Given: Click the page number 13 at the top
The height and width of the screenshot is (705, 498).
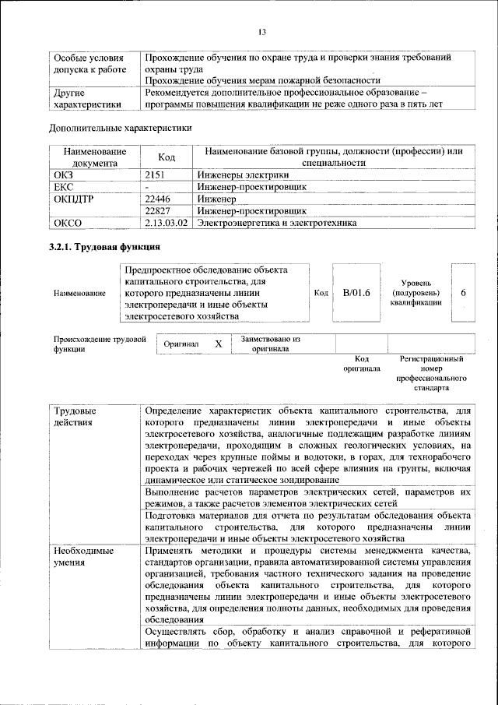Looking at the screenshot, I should click(262, 32).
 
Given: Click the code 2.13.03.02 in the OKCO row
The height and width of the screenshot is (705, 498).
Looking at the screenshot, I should click(167, 223).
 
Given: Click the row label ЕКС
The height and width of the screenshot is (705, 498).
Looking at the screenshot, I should click(62, 187).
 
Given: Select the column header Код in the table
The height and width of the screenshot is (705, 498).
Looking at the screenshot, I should click(167, 157).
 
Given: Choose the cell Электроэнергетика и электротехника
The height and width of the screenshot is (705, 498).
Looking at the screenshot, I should click(276, 223).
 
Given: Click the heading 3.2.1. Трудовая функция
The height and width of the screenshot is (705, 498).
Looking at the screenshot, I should click(104, 248).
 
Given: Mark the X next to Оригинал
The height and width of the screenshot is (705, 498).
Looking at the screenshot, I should click(219, 344).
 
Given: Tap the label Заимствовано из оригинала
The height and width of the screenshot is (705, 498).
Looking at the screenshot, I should click(270, 344).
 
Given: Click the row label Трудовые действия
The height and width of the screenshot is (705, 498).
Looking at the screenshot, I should click(75, 416).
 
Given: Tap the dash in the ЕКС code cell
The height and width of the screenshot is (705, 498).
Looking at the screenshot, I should click(147, 188).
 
